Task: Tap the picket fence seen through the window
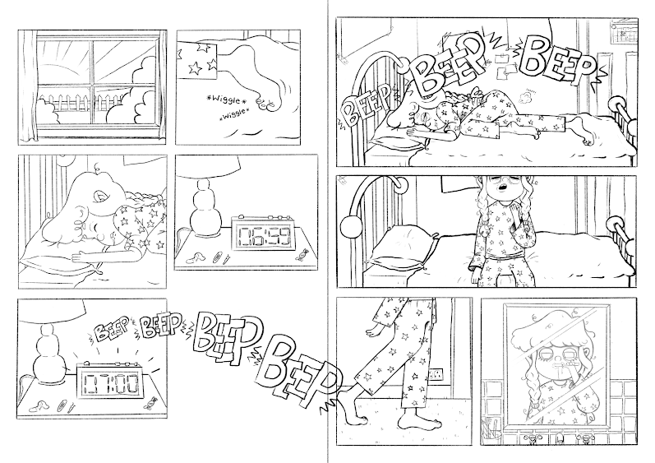[81, 103]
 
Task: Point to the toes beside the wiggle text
[266, 104]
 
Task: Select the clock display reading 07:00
[111, 383]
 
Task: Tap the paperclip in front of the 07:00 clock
[62, 405]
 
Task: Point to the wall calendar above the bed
[623, 31]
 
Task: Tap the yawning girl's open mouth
[504, 186]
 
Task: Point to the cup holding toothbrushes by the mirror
[491, 429]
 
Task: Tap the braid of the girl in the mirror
[532, 393]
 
